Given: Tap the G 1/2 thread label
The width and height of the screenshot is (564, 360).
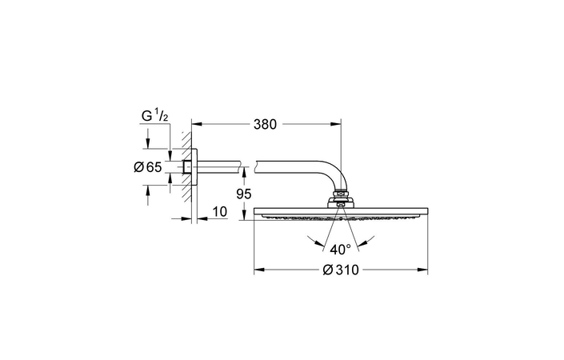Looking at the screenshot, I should coord(154,117).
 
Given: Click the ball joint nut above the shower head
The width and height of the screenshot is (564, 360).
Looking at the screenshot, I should coord(341,196).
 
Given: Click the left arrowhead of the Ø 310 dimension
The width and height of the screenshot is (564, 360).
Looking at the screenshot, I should coord(258,270).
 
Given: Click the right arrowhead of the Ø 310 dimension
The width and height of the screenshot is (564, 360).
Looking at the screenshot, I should coord(424,270).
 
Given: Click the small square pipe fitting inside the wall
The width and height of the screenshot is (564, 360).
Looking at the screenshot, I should coord(186,166).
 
